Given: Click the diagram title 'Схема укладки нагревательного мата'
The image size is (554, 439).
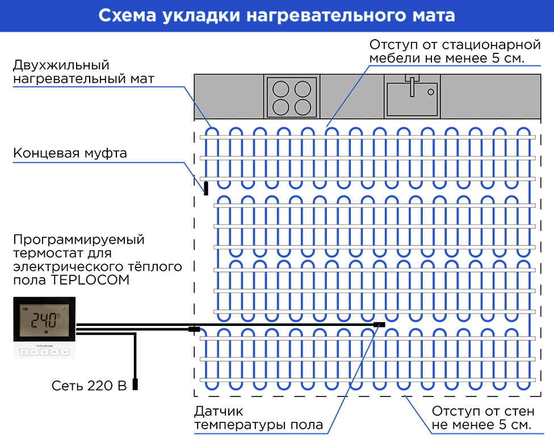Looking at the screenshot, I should click(x=276, y=15).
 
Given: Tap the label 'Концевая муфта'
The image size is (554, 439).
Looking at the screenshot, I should click(x=70, y=153).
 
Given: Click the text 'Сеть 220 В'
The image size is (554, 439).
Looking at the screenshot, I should click(x=89, y=386).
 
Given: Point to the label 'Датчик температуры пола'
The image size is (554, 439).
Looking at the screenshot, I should click(x=258, y=417).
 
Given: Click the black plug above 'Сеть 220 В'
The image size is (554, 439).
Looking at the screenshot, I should click(x=135, y=384).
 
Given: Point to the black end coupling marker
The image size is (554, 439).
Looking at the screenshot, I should click(x=205, y=188).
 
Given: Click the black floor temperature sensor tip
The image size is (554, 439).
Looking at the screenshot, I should click(x=379, y=325).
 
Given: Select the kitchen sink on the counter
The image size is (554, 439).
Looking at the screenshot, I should click(x=412, y=97).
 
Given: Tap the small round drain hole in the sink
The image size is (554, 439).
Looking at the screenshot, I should click(x=431, y=91).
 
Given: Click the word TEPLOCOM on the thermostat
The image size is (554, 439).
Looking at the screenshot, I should click(x=44, y=345).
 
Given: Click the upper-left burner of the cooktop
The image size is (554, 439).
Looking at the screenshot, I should click(x=280, y=89).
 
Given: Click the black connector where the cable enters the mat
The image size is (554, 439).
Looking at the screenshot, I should click(x=194, y=328).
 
